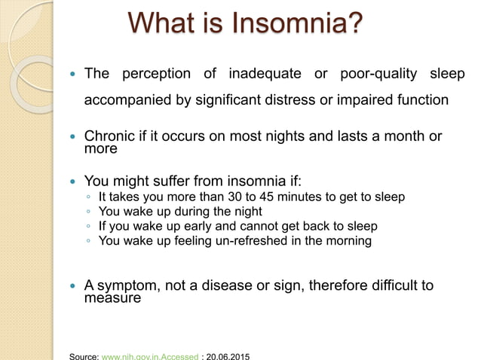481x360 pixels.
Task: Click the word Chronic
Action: click(x=110, y=137)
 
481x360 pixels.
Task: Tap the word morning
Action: click(x=346, y=241)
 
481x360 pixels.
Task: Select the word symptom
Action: click(x=127, y=285)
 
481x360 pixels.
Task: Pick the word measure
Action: click(x=112, y=297)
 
